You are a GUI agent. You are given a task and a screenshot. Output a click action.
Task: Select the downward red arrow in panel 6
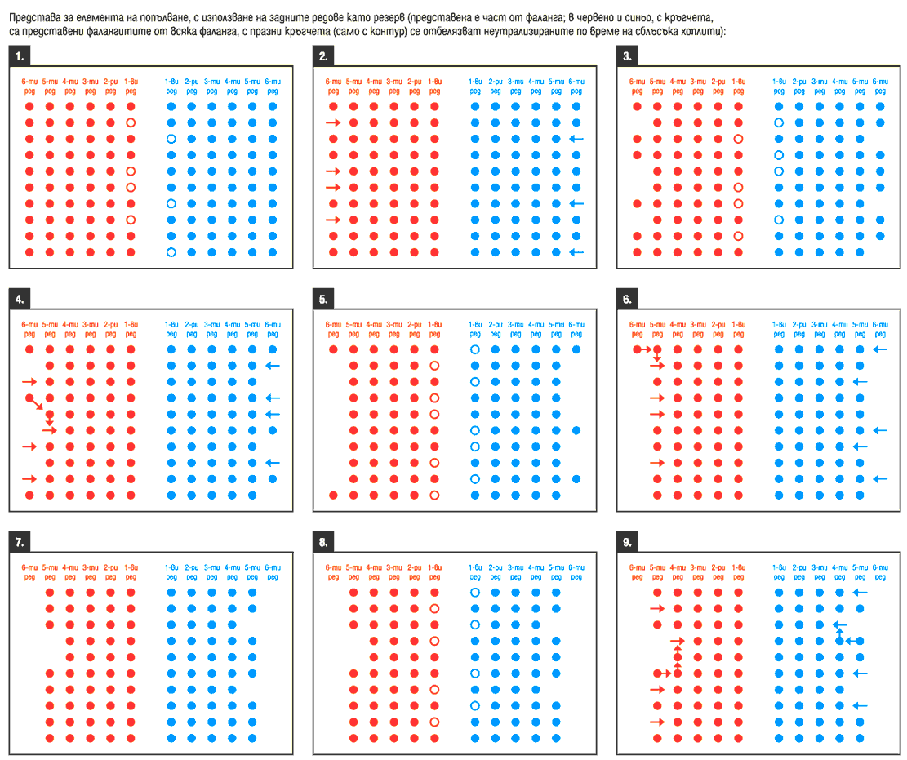coord(656,357)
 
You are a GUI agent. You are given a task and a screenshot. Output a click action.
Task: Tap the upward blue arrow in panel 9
coord(836,627)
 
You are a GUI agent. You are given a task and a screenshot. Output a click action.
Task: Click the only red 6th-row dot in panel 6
coord(637,349)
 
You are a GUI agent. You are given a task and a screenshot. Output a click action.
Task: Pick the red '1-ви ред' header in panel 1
coord(131,86)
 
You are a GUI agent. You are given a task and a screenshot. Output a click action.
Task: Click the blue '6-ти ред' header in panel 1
coord(272,86)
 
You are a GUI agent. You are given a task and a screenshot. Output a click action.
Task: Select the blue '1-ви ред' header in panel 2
coord(474,86)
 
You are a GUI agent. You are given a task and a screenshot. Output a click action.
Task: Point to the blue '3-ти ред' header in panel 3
coord(819,86)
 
